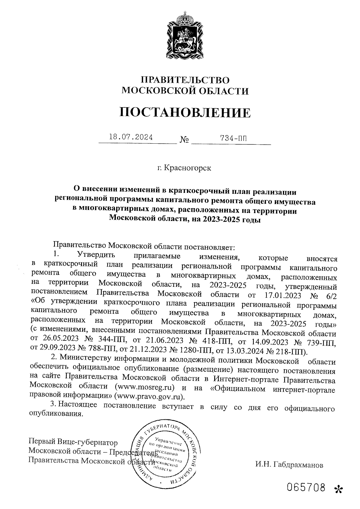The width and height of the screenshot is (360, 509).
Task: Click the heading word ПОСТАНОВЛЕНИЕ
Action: coord(185,112)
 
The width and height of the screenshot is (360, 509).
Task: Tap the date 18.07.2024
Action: coord(131,138)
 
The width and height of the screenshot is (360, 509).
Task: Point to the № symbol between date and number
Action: coord(184,139)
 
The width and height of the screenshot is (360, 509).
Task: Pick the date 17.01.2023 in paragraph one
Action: coord(283,295)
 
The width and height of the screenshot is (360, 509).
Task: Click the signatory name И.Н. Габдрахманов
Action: coord(289,465)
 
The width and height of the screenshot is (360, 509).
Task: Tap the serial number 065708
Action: coord(306,488)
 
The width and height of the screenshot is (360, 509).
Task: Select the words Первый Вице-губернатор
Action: coord(73,442)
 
